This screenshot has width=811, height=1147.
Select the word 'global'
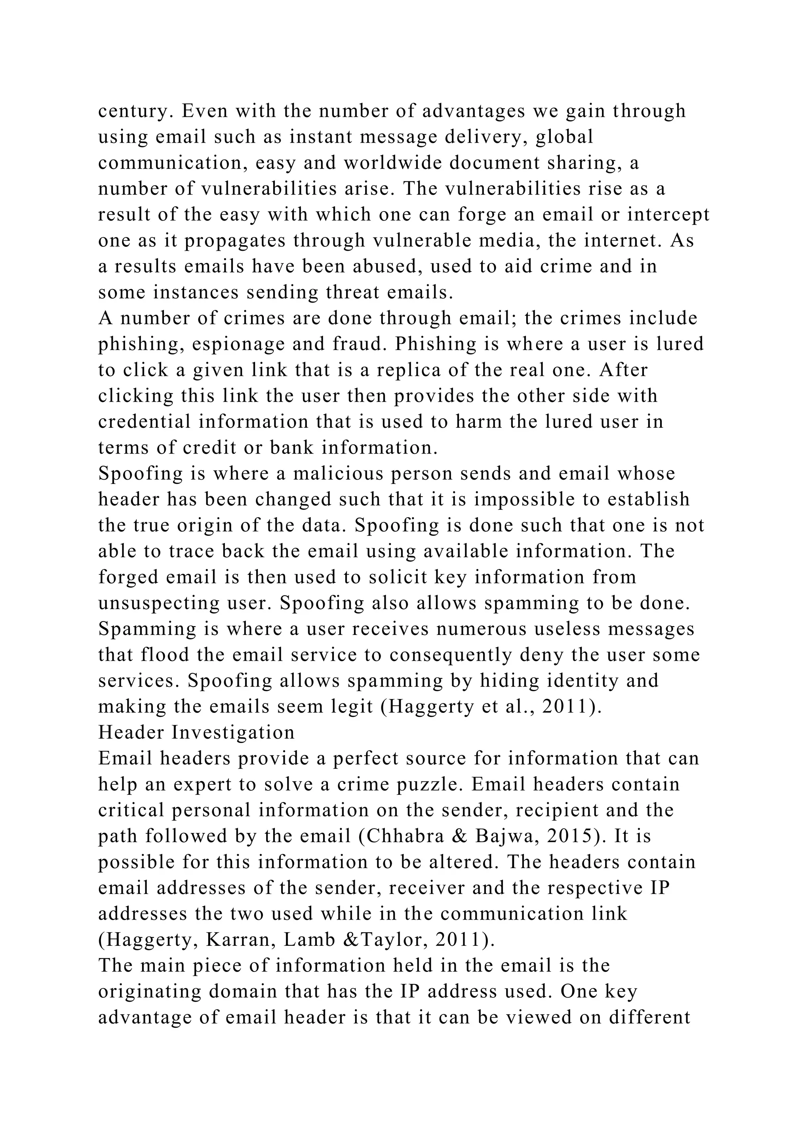pyautogui.click(x=565, y=136)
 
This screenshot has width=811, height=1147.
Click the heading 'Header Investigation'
pyautogui.click(x=196, y=732)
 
